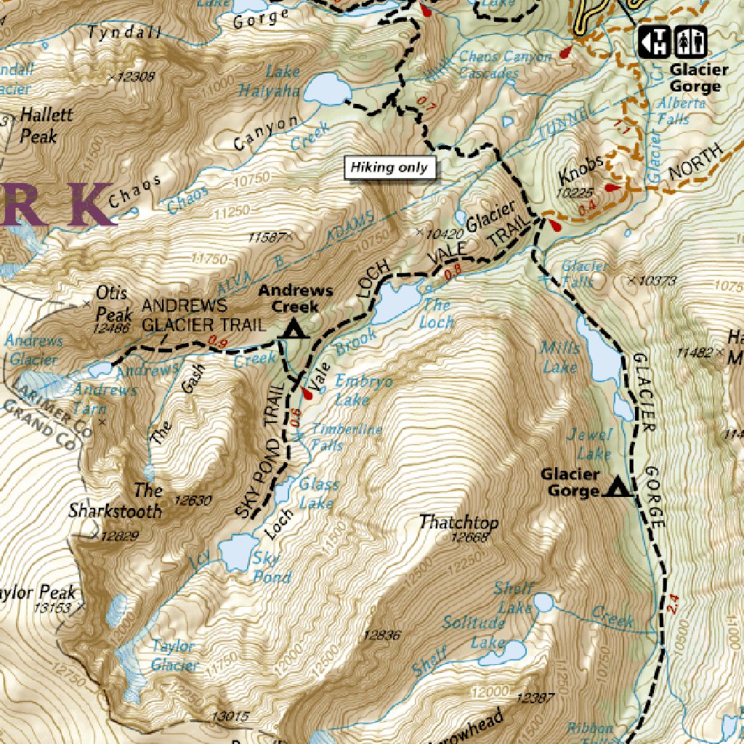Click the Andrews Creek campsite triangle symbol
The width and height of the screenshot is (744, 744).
click(294, 329)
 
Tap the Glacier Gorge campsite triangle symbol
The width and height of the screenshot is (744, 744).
click(618, 486)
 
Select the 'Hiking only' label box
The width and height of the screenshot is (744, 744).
click(389, 168)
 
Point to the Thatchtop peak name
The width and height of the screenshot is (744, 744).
click(458, 522)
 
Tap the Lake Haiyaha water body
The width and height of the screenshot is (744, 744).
click(326, 90)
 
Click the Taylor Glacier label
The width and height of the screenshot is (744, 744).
click(174, 655)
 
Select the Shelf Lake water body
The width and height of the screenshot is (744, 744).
click(543, 602)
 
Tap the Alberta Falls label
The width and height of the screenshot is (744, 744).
click(681, 110)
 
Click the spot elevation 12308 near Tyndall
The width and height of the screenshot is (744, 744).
click(135, 76)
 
